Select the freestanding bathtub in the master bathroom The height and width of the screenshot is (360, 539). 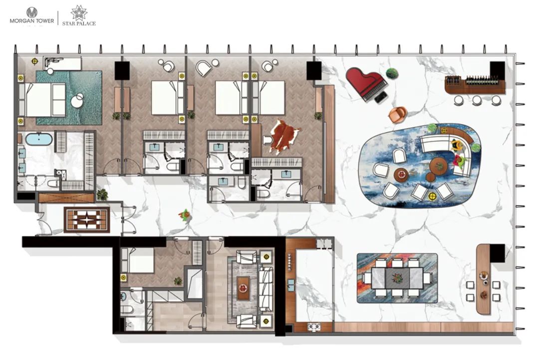[x=39, y=140]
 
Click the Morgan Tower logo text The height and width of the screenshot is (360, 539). [x=31, y=21]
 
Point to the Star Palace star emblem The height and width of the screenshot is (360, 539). [x=79, y=13]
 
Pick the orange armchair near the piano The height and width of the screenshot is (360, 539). [x=398, y=114]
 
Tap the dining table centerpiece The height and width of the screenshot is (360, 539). [x=398, y=278]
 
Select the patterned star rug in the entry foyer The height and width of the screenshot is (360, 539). [x=87, y=219]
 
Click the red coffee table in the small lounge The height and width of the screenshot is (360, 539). [x=244, y=288]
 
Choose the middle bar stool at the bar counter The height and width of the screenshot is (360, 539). [x=477, y=100]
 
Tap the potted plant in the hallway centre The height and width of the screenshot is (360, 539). [x=185, y=215]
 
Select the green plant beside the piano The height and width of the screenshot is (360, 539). [x=392, y=73]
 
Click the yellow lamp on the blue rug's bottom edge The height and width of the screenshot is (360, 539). [x=432, y=196]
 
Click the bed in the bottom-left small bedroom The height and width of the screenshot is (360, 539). [x=137, y=260]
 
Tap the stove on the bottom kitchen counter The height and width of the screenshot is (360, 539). [x=314, y=327]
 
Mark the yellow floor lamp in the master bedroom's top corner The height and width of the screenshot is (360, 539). [x=35, y=61]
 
